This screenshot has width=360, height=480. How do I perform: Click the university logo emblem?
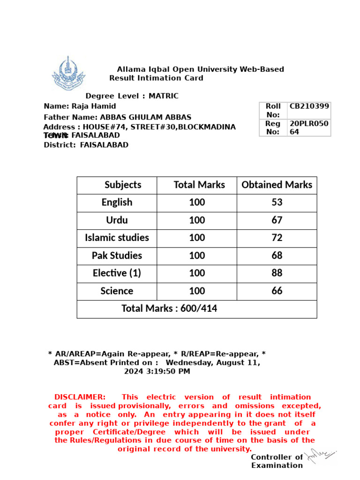(68, 74)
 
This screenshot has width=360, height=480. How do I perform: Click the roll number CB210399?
(309, 106)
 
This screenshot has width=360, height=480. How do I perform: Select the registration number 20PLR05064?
(309, 127)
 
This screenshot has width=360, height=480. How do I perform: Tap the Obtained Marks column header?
(277, 185)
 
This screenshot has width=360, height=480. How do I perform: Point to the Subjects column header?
(123, 185)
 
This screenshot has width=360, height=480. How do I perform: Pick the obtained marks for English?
(277, 202)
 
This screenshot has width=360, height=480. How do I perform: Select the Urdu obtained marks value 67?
(277, 220)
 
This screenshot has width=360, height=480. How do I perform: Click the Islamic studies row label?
(117, 238)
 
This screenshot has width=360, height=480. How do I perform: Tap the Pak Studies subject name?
(117, 255)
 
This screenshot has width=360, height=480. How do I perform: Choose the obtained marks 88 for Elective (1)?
(277, 273)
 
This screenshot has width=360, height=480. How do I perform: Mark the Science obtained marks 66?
(277, 291)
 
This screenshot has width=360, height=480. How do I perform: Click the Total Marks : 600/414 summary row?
(169, 308)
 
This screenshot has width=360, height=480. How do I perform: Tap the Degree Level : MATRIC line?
(132, 96)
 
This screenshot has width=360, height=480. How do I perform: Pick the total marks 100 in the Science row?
(197, 291)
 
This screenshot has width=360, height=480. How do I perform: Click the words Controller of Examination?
(277, 461)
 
